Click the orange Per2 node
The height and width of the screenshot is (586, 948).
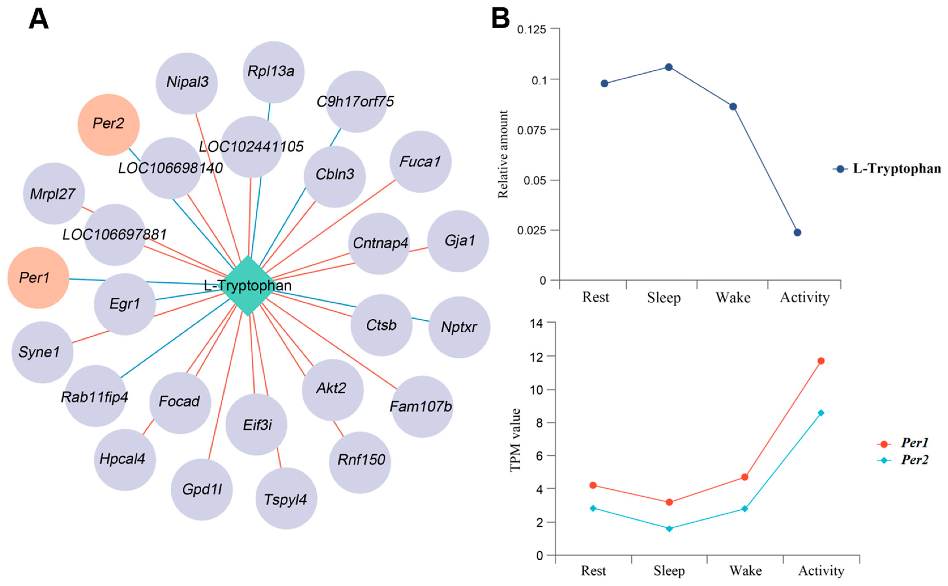point(108,124)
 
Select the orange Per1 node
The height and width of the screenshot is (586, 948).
point(38,278)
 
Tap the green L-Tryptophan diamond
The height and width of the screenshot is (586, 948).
point(248,286)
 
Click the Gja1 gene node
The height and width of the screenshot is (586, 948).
point(458,241)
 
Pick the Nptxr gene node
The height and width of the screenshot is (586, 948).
point(459,327)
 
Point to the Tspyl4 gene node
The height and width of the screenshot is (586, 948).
point(286,498)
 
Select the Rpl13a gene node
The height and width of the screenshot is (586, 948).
point(274,72)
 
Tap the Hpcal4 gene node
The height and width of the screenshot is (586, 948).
point(125,460)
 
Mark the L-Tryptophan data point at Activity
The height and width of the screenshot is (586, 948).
point(797,233)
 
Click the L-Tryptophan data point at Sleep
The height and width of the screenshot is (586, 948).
point(669,67)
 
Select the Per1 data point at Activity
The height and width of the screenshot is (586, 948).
point(821,361)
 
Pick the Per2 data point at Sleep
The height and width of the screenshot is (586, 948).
point(669,529)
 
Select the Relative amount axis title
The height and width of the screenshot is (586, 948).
point(503,154)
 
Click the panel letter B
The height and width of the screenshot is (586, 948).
point(501,18)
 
